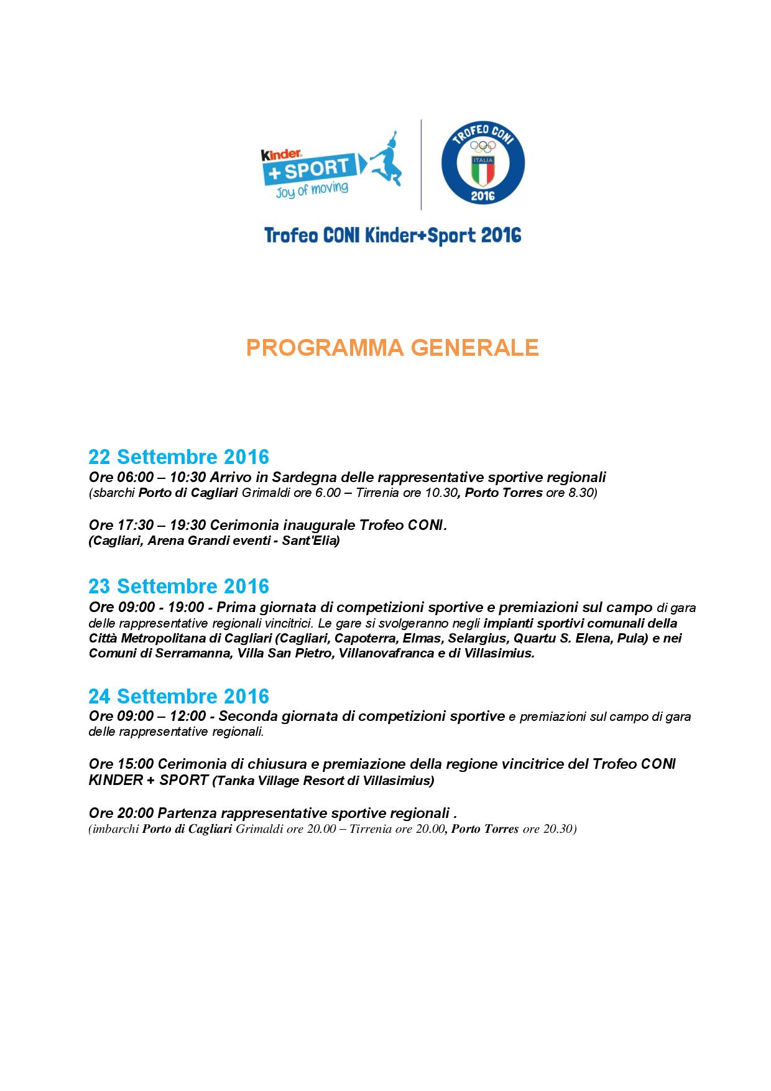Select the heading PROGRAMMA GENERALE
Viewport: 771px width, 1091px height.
[392, 348]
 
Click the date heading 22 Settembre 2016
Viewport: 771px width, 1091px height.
[178, 457]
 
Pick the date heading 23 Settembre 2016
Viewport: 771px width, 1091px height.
[178, 586]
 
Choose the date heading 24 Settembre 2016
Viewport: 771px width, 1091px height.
[178, 695]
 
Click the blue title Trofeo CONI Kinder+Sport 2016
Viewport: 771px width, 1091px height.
[392, 236]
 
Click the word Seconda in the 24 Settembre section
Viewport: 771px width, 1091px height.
[247, 716]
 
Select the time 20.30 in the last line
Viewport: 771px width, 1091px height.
[558, 829]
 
